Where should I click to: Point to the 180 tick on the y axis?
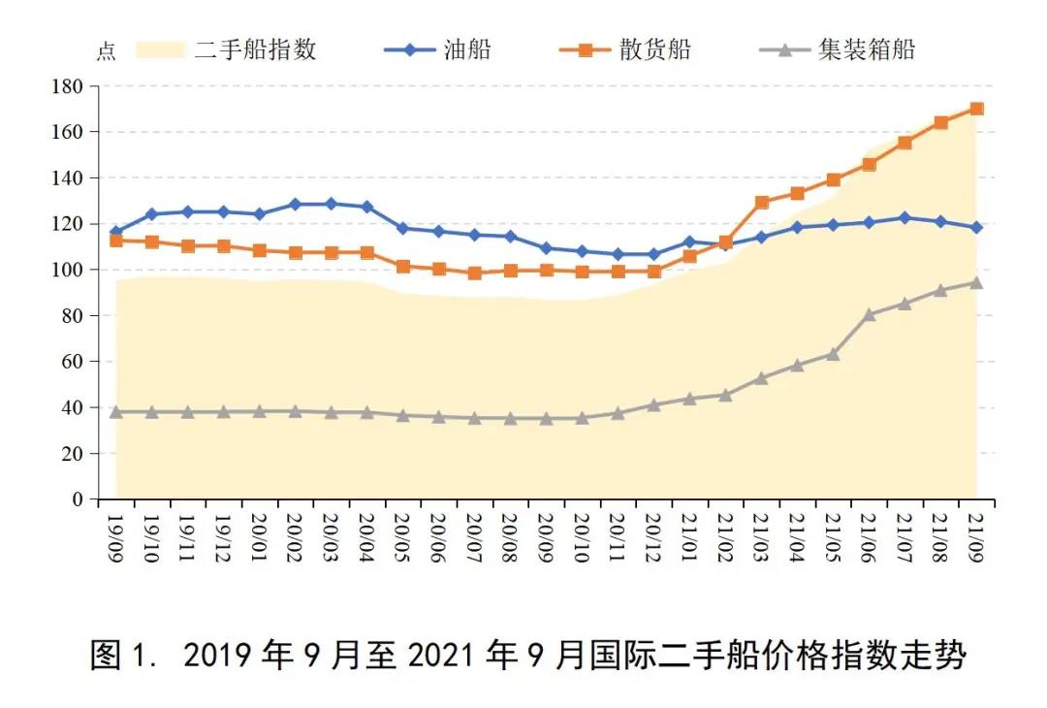69,86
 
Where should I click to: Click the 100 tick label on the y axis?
69,270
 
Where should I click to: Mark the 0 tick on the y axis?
79,499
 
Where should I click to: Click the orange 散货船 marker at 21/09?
976,109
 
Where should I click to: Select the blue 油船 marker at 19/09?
116,233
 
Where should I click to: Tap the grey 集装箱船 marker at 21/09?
976,282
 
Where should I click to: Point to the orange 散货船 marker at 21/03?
761,203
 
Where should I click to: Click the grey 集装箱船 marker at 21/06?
869,314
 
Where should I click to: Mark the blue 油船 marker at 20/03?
331,204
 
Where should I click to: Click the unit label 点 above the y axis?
106,52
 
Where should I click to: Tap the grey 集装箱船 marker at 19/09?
116,412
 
